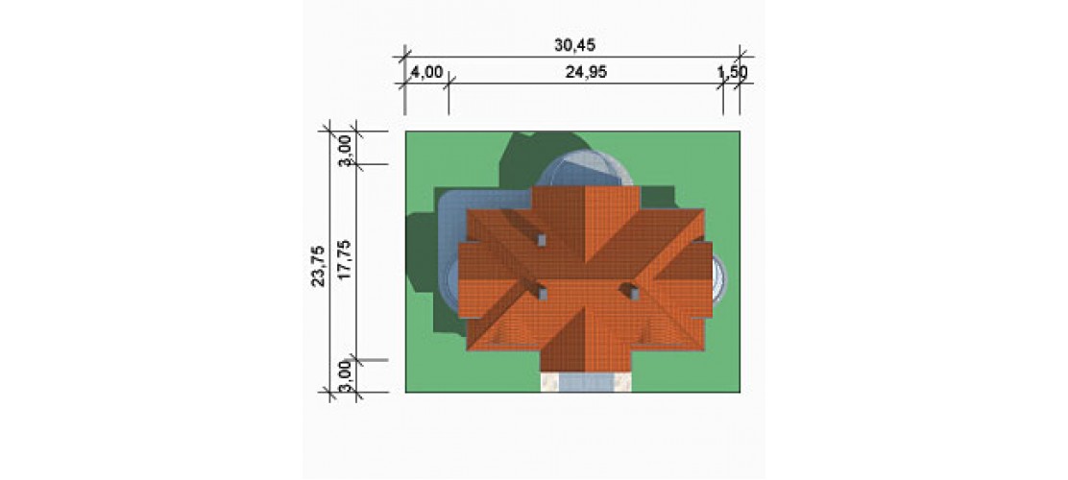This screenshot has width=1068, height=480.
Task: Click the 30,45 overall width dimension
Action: tap(575, 46)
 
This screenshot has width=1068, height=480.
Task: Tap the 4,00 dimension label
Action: tap(427, 72)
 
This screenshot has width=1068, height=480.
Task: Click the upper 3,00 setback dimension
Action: tap(345, 150)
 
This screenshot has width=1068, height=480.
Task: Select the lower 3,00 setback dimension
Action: tap(345, 377)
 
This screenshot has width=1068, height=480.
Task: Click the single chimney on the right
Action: tap(634, 294)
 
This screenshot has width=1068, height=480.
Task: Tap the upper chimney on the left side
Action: tap(543, 240)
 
